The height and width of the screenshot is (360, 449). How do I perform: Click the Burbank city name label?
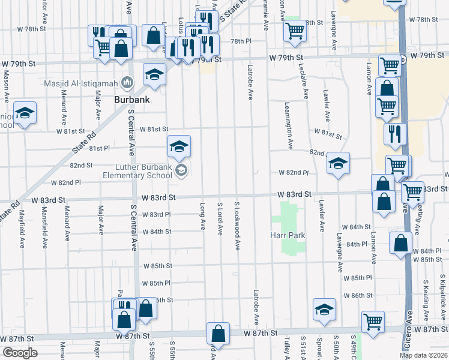[131, 99]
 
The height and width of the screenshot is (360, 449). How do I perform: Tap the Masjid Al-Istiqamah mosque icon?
[127, 82]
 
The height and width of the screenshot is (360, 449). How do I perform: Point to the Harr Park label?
[288, 235]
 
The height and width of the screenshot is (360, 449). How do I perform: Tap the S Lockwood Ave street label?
[237, 226]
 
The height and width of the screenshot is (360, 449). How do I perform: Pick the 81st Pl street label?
[99, 148]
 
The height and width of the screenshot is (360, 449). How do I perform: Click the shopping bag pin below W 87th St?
[218, 334]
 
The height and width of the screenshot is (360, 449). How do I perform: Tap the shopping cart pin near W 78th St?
[295, 31]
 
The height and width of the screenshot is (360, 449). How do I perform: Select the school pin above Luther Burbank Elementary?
[179, 146]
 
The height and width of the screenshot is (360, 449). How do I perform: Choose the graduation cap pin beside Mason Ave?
[25, 113]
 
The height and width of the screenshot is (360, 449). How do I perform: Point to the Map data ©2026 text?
[423, 355]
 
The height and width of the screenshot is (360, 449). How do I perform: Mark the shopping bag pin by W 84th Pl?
[400, 244]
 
